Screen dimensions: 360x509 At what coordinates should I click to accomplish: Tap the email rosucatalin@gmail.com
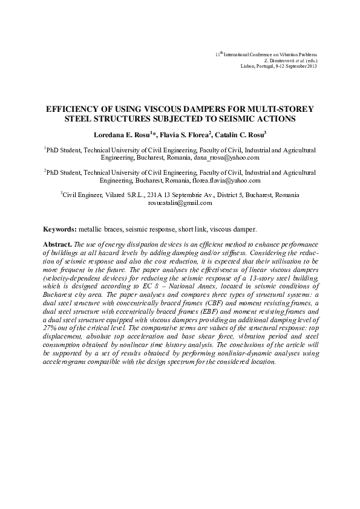click(x=180, y=203)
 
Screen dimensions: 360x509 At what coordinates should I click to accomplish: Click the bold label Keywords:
click(x=59, y=230)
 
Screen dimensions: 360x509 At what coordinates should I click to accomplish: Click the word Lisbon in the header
click(x=247, y=66)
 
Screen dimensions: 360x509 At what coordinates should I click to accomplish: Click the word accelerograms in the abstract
click(x=65, y=362)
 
